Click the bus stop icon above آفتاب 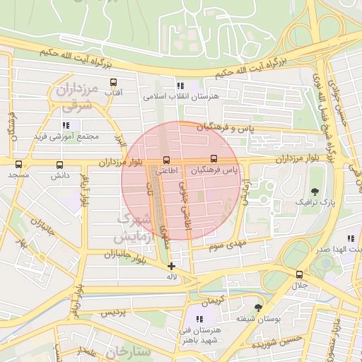(x=113, y=83)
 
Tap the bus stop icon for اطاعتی (x=167, y=159)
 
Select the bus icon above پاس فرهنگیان (x=214, y=159)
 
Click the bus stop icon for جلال (x=300, y=274)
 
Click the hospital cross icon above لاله (x=171, y=266)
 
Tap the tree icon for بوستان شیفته (x=258, y=308)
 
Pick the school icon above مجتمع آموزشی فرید (x=66, y=125)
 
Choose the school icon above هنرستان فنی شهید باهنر (x=200, y=320)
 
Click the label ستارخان (x=127, y=351)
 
